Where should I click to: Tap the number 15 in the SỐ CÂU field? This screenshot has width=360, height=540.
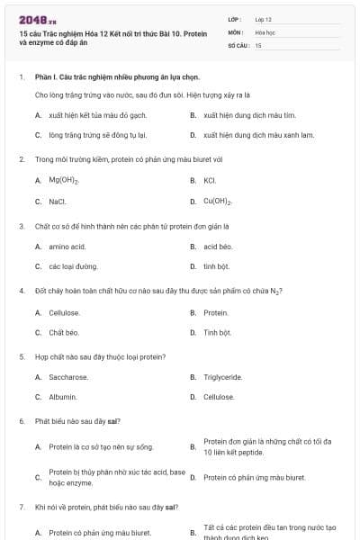(x=258, y=44)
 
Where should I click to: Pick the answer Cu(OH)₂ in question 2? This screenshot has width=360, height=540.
(x=219, y=201)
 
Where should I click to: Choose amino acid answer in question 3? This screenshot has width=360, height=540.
(x=67, y=246)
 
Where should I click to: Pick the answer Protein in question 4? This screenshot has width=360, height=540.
(x=216, y=312)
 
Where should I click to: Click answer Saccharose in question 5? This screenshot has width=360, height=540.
(x=68, y=377)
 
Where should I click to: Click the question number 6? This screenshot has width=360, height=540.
(x=22, y=421)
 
